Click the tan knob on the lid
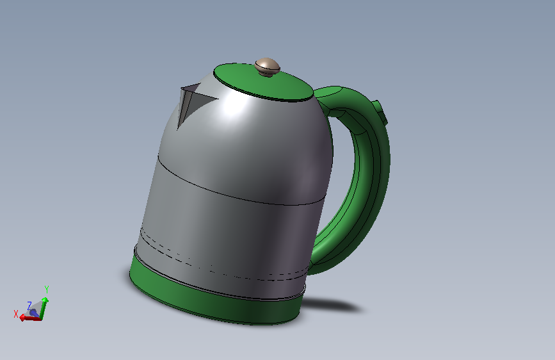tap(267, 66)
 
